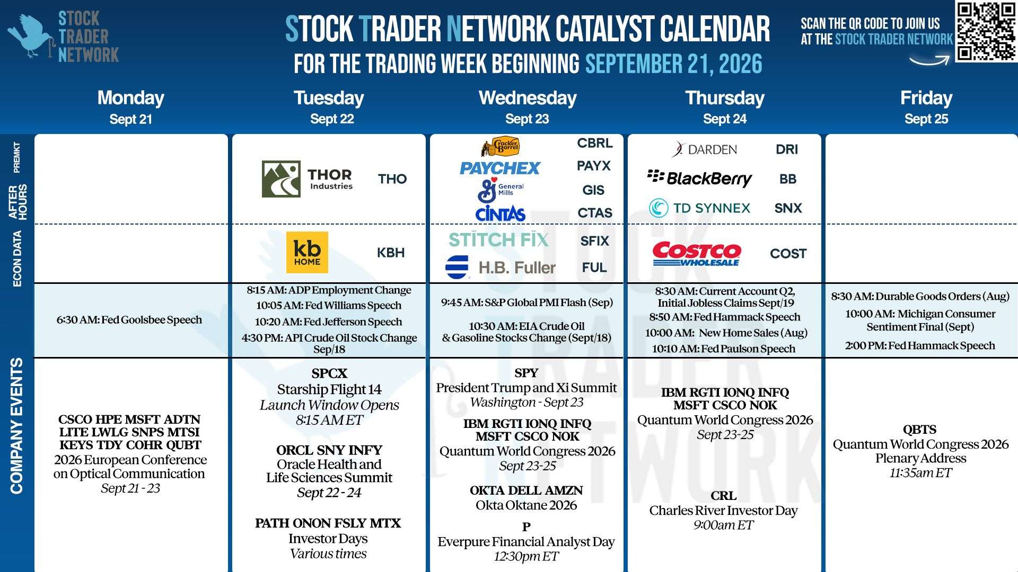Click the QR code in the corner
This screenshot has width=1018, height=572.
pos(986,32)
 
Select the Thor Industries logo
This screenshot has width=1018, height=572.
pos(308,179)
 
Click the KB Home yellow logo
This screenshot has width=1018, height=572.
pos(307,253)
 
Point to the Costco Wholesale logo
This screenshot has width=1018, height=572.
pos(697,254)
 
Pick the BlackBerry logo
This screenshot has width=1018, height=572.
pos(699,178)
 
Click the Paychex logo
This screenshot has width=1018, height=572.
pos(499,168)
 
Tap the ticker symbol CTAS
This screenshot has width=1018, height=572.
pos(595,213)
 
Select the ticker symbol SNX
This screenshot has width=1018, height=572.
pos(788,208)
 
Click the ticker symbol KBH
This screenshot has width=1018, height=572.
pos(391,253)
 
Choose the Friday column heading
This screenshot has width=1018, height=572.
pos(926,98)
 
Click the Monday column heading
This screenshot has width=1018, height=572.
pos(131,98)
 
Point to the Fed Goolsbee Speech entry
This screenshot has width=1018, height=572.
pos(129,320)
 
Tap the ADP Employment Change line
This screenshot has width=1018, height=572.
pos(329,290)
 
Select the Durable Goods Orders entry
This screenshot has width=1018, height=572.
pos(920,297)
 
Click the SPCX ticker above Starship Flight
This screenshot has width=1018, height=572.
pos(329,373)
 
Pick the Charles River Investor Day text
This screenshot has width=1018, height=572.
pos(723,511)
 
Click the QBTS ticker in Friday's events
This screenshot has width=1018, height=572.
pos(920,430)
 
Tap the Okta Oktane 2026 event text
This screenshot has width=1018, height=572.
pos(526,505)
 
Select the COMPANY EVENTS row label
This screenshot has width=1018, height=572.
pos(16,426)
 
